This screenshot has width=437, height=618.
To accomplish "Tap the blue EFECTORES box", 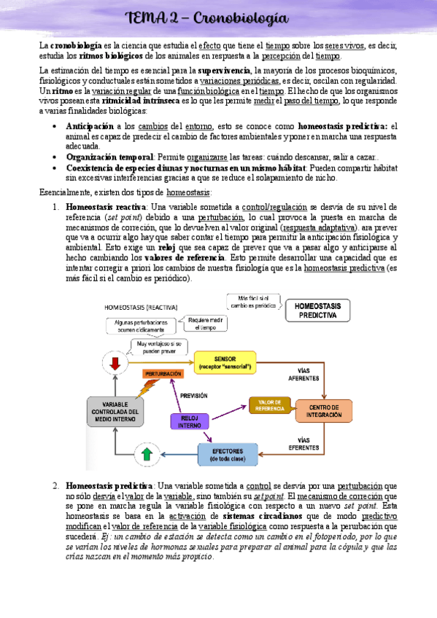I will tap(229, 455).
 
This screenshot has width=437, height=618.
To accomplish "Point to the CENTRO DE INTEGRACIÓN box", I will tap(323, 411).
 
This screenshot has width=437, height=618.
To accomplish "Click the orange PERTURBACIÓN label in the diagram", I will tap(163, 373).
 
